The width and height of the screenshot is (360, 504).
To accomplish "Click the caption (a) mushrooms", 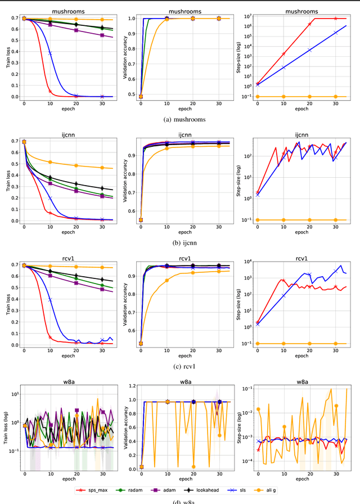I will coord(179,119).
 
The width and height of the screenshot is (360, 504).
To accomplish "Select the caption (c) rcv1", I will coord(179,366).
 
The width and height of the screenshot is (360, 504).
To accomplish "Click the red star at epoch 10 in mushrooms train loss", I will coord(50,91).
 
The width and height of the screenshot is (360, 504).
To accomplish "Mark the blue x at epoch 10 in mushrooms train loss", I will coord(50,53).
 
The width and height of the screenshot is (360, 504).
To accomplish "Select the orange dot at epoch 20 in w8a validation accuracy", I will coord(193,466).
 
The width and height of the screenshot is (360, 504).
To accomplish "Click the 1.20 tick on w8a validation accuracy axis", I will coord(132,386).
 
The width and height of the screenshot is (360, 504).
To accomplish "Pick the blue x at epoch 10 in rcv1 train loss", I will coord(50,300).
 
